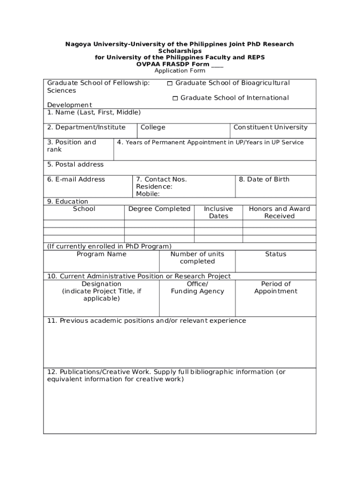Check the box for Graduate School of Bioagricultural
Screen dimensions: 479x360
tap(170, 83)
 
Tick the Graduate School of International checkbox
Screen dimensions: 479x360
tap(175, 98)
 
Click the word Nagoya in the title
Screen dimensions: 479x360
tap(78, 44)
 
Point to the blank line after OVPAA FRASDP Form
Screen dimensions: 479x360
tap(217, 64)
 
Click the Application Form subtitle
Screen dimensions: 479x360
tap(180, 71)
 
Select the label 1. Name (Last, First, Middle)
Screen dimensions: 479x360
tap(94, 112)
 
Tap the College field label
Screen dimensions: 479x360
tap(153, 127)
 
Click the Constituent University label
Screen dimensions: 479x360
tap(270, 127)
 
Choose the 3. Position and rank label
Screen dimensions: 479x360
tap(72, 146)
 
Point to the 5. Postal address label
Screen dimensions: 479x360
tap(75, 164)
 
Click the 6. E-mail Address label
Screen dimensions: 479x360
tap(76, 179)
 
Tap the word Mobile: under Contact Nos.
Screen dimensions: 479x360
tap(148, 194)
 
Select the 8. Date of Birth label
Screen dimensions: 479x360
tap(264, 179)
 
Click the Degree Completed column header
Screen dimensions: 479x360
tap(159, 209)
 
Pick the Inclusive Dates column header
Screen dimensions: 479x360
tap(218, 212)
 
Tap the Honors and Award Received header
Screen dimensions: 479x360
tap(279, 212)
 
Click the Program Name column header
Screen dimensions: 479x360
tap(101, 254)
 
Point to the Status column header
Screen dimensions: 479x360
tap(275, 254)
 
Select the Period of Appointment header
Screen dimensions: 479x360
tap(275, 288)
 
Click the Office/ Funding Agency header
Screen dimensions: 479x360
tap(197, 288)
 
